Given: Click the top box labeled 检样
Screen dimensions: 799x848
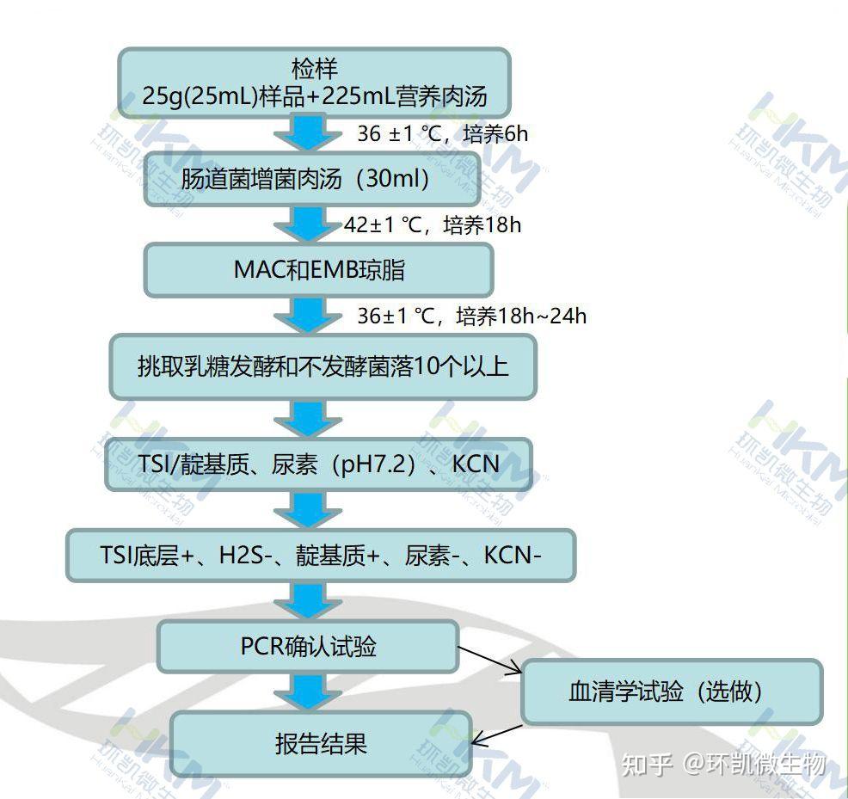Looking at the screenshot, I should [314, 82].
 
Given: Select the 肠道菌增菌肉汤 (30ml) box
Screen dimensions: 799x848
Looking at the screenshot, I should [304, 180].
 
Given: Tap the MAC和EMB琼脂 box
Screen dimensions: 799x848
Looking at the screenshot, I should [318, 269].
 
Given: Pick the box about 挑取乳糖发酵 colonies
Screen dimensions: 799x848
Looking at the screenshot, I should [323, 367].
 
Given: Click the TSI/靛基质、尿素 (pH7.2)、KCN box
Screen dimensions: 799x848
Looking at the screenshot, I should [318, 464].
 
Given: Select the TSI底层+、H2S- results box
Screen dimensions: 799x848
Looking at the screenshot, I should [321, 555].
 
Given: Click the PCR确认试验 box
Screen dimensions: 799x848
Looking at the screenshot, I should [307, 646].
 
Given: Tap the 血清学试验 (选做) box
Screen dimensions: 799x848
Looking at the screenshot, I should [671, 691].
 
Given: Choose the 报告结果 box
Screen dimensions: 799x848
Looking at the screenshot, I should [321, 743].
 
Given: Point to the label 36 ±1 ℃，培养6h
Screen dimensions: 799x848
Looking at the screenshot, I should [442, 134].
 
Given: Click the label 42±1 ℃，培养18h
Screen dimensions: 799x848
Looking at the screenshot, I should [433, 225].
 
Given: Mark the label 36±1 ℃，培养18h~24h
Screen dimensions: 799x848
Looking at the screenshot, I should [471, 317].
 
